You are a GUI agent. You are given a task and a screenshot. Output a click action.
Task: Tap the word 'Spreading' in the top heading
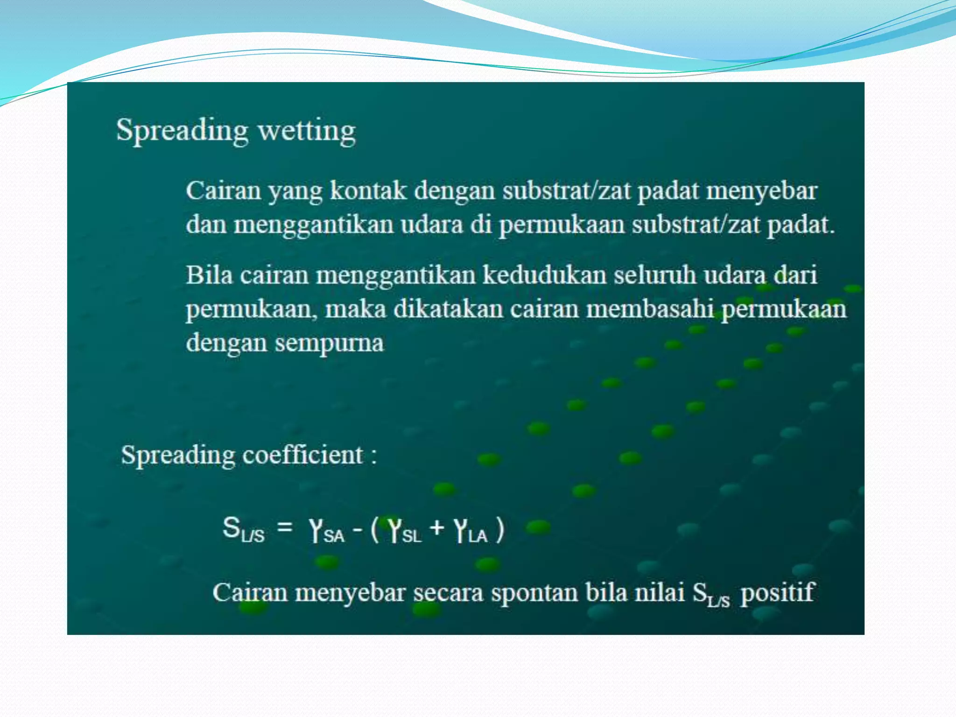click(182, 131)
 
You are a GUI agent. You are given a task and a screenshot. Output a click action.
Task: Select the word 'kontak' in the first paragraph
click(368, 191)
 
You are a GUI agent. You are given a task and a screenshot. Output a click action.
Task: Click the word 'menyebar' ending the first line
click(761, 191)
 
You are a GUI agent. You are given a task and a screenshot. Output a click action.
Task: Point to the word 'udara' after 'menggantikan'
click(432, 225)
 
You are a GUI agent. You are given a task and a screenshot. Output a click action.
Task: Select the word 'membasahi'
click(650, 309)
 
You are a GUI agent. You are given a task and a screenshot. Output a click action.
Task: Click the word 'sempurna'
click(330, 344)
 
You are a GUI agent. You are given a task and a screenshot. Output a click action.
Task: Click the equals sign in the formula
click(285, 528)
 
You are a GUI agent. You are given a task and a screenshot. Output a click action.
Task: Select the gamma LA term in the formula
click(471, 531)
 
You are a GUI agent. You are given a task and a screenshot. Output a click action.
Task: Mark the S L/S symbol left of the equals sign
click(243, 530)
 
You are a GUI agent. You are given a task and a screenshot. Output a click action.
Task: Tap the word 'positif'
click(777, 593)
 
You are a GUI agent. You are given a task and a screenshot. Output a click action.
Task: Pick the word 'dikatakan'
click(448, 309)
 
